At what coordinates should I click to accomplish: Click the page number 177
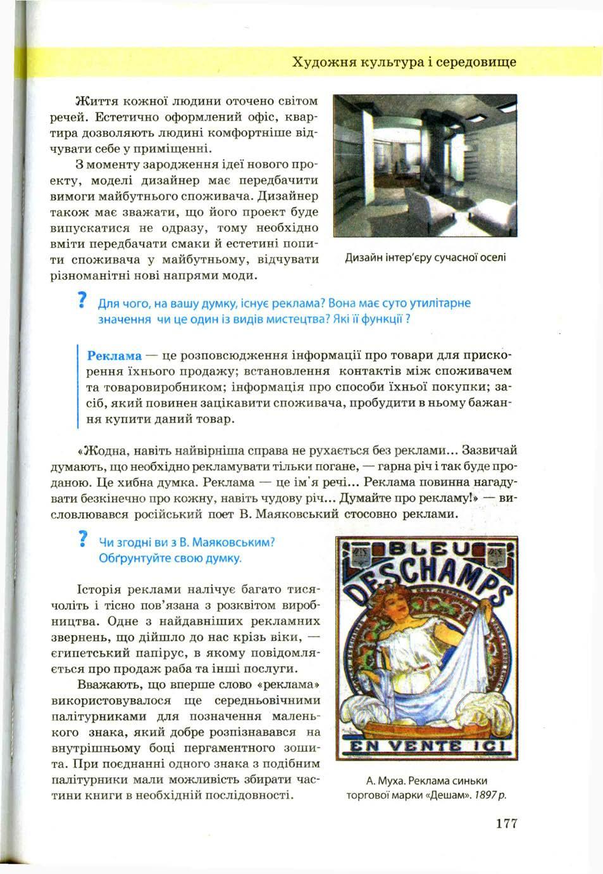pyautogui.click(x=507, y=823)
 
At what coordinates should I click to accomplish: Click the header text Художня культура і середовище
pyautogui.click(x=404, y=62)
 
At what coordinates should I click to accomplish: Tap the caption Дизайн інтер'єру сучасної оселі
pyautogui.click(x=425, y=258)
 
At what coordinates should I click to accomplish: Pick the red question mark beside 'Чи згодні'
pyautogui.click(x=81, y=539)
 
